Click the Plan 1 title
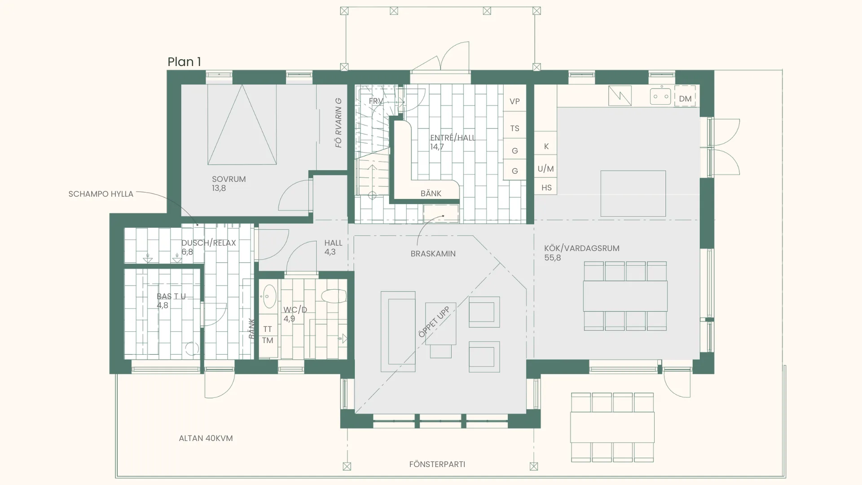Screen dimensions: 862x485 coord(184,62)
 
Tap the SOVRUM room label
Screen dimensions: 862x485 coord(229,179)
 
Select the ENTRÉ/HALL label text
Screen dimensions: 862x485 coord(453,138)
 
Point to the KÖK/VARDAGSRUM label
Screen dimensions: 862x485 coord(581,248)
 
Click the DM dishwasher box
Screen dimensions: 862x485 coord(685,96)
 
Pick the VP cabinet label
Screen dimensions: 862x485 coord(515,101)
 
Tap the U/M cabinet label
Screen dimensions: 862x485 coord(545,169)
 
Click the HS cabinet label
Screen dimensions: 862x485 coord(546,188)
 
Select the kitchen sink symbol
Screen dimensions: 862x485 coord(660,96)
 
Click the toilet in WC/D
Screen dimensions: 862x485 coord(334,296)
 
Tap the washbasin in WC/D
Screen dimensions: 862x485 coord(269,296)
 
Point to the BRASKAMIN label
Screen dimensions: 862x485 coord(433,254)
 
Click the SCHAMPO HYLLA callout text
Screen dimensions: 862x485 coord(101,194)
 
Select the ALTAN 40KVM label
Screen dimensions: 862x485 coord(206,438)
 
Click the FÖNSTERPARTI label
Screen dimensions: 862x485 coord(437,464)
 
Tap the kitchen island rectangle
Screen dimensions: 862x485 coord(633,194)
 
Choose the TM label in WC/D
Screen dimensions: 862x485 coord(268,340)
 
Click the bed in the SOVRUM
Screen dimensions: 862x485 coord(242,124)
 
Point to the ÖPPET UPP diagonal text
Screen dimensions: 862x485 coord(434,322)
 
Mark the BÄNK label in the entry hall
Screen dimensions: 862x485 coord(431,194)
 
